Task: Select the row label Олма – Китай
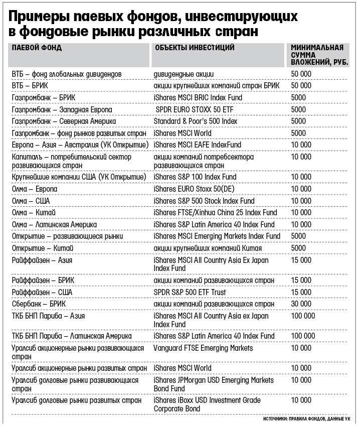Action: (34, 213)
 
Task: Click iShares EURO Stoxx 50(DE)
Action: (194, 189)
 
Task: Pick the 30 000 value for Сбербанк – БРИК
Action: (301, 304)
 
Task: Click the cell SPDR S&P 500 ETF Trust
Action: (190, 292)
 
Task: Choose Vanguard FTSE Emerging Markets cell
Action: (203, 348)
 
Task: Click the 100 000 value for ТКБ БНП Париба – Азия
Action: (303, 316)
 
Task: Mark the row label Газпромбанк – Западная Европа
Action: (62, 109)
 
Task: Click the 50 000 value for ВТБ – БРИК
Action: (301, 86)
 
